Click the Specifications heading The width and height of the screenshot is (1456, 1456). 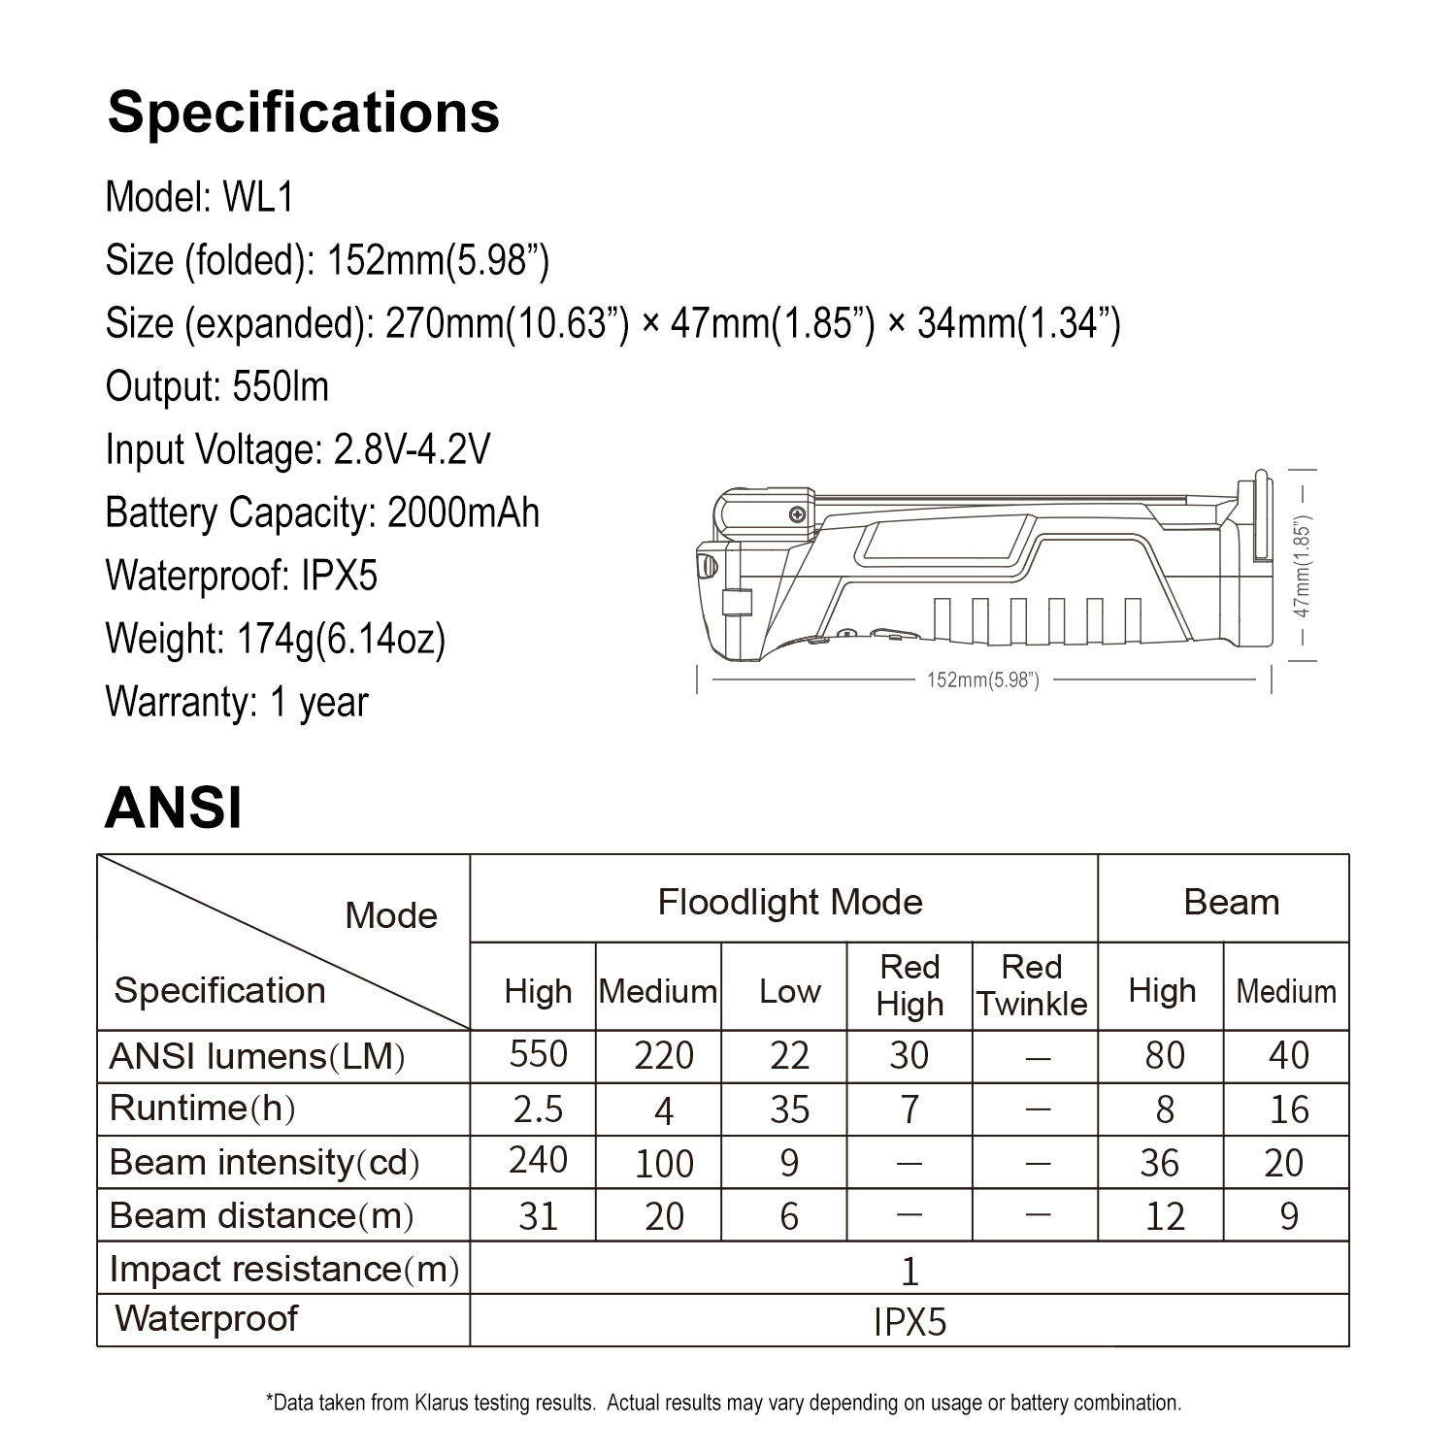(x=303, y=113)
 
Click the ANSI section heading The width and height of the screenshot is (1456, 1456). (x=173, y=808)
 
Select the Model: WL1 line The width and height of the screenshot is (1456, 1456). (x=199, y=197)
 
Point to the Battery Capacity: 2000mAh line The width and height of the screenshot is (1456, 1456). (x=322, y=513)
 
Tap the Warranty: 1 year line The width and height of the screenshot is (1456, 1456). (x=237, y=702)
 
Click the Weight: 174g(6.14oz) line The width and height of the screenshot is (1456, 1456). (x=276, y=639)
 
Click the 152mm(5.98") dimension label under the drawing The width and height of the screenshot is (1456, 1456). (x=982, y=680)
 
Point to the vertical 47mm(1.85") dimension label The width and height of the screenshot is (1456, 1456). (x=1303, y=567)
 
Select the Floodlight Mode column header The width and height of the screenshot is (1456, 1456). (x=790, y=903)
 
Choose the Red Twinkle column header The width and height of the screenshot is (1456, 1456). (x=1032, y=985)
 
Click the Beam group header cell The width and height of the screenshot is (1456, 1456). (x=1231, y=903)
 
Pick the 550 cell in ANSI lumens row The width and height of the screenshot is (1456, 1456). (x=538, y=1055)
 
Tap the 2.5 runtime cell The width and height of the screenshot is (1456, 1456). (x=538, y=1109)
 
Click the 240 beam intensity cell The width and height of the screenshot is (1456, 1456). (x=538, y=1160)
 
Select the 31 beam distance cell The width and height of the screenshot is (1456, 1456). (x=538, y=1216)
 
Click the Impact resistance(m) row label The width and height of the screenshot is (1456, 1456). (x=283, y=1269)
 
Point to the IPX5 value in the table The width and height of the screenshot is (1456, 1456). (x=910, y=1322)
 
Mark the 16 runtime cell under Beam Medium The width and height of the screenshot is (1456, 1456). (x=1288, y=1109)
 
